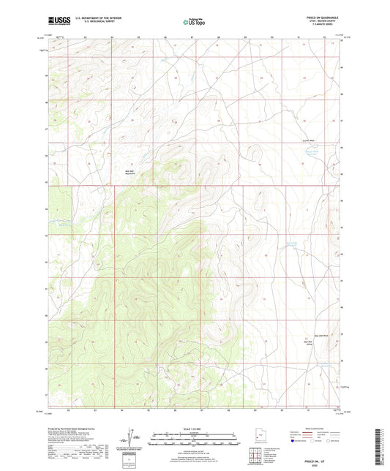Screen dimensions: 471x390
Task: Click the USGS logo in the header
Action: coord(58,20)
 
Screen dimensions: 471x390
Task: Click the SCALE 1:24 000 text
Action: coord(193,429)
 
